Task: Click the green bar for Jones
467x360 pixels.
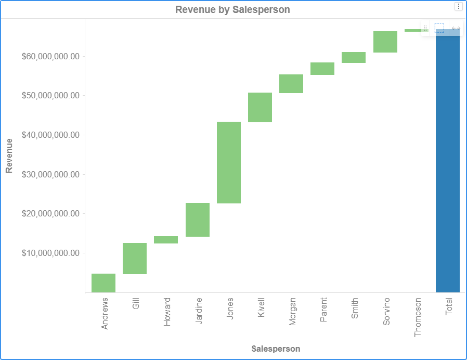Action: click(229, 162)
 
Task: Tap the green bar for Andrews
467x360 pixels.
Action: click(103, 282)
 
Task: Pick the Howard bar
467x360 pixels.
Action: click(166, 240)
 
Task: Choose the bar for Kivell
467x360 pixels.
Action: click(260, 107)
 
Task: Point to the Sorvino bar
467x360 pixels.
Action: click(385, 42)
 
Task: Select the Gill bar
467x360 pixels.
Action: click(135, 258)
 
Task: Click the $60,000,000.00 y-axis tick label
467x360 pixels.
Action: click(50, 56)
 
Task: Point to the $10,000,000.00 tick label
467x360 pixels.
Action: click(50, 253)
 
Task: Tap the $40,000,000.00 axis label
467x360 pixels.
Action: click(50, 135)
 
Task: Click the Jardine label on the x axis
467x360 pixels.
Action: click(199, 311)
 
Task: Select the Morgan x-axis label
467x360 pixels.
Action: click(292, 312)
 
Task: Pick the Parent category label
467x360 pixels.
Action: click(323, 310)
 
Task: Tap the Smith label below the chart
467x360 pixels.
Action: click(355, 308)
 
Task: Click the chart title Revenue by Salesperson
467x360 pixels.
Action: click(232, 9)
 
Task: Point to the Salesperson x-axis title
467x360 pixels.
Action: click(276, 349)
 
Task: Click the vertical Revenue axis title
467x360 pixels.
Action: click(9, 156)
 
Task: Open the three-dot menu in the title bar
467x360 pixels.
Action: click(458, 6)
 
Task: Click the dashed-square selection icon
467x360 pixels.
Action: click(439, 28)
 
